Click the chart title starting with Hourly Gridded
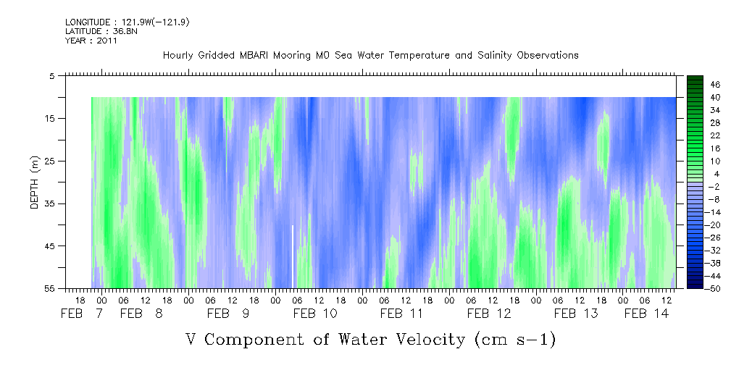point(370,55)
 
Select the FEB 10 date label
point(314,314)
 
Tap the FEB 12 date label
point(488,314)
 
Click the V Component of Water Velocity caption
point(370,338)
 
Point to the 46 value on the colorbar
point(695,84)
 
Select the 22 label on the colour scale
point(695,135)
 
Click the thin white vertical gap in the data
point(293,255)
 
